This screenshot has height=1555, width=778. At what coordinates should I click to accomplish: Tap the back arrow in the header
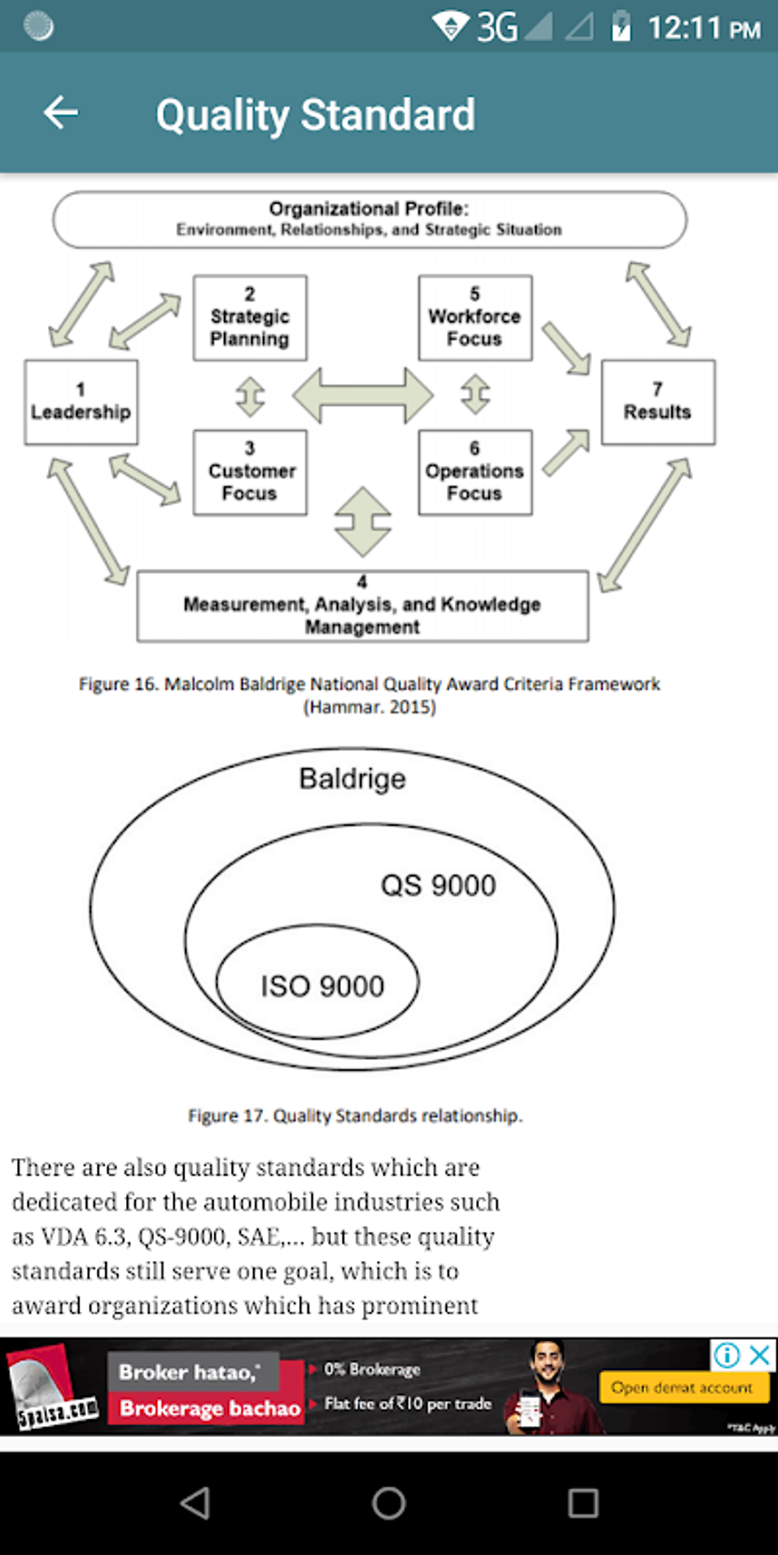click(61, 114)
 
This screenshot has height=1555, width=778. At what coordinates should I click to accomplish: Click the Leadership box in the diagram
click(81, 402)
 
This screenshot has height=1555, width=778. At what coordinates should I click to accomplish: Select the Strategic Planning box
click(249, 318)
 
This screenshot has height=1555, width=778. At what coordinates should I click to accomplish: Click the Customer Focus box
click(249, 473)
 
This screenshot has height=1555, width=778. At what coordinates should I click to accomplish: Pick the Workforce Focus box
click(474, 318)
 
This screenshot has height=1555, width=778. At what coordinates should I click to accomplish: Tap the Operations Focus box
click(474, 473)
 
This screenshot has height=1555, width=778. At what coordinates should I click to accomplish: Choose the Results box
click(657, 402)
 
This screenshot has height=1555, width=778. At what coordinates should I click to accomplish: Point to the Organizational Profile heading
click(369, 210)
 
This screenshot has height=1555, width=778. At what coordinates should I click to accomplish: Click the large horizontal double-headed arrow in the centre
click(363, 395)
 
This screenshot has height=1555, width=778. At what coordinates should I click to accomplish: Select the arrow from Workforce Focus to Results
click(566, 348)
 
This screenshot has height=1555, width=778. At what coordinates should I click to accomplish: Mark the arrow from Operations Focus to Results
click(566, 453)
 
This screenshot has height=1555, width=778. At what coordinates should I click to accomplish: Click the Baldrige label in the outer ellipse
click(352, 779)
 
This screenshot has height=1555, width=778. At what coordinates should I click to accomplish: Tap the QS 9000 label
click(438, 886)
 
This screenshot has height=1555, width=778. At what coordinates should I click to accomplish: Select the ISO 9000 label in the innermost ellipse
click(322, 986)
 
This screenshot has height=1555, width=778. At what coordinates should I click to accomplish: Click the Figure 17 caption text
click(355, 1116)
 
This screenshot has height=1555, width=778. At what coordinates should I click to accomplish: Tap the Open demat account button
click(682, 1388)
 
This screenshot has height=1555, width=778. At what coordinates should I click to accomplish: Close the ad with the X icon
click(760, 1355)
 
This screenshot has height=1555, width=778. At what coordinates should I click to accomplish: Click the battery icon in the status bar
click(621, 27)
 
